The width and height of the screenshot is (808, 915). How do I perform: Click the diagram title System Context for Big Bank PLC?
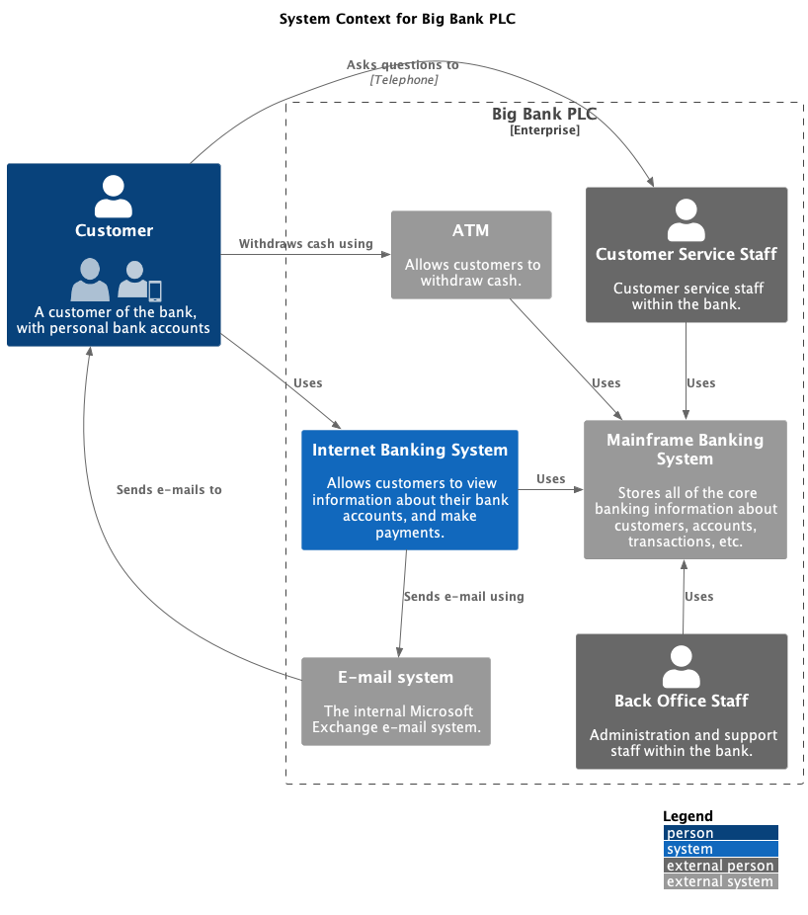pos(397,19)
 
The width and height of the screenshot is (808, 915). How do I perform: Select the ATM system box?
pos(471,254)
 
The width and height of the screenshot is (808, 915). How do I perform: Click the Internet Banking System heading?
pos(410,451)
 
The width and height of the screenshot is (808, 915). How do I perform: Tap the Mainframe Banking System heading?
pos(685,450)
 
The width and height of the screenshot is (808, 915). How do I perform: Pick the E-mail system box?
pos(395,701)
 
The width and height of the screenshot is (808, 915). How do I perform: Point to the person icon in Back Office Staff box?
pos(682,667)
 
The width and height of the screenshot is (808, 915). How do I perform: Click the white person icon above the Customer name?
pos(114,197)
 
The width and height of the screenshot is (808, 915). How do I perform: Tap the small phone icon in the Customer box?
pos(154,291)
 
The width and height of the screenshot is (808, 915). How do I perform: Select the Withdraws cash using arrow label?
pos(306,244)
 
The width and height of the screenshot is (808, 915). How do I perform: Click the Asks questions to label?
pos(403,65)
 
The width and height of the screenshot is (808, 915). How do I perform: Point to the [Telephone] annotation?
pos(404,80)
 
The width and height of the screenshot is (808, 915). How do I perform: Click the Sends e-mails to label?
pos(169,490)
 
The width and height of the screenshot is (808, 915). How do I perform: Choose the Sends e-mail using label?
pos(463,597)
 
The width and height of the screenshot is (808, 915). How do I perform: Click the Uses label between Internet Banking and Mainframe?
pos(551,479)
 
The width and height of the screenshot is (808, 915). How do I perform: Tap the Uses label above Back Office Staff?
pos(699,597)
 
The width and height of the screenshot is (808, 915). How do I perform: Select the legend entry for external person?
pos(720,866)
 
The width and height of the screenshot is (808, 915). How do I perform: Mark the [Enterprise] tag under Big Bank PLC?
pos(545,130)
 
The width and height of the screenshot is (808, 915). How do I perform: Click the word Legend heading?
pos(687,816)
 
